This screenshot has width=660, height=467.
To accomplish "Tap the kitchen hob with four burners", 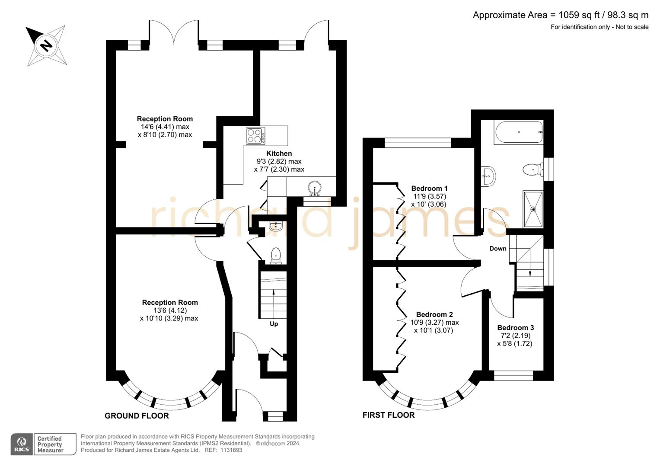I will (255, 136).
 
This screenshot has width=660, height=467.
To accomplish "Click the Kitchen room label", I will (279, 154).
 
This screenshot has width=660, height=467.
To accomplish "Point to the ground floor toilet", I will (275, 256).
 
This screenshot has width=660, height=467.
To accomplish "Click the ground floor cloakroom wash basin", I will (275, 225).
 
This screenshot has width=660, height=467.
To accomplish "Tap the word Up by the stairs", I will (274, 324).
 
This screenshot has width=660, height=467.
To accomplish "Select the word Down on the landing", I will (497, 249).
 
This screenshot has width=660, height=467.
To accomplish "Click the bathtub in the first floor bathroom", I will (518, 133).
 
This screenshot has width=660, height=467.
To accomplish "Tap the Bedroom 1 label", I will (429, 189).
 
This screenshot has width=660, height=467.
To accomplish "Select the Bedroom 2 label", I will (434, 315).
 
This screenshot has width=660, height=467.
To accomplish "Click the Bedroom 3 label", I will (515, 328).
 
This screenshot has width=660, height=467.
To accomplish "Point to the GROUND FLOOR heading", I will (137, 416).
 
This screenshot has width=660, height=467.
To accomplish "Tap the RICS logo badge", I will (22, 445).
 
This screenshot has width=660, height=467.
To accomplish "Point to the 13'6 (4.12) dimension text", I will (170, 310).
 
